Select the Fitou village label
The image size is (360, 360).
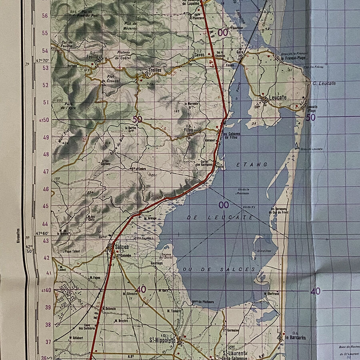188,130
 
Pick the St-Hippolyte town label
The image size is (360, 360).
163,340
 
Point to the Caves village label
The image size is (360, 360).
199,55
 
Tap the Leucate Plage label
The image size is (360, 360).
312,109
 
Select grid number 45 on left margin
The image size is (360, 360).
46,206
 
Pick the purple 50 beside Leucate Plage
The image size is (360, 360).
310,118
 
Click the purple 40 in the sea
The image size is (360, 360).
315,291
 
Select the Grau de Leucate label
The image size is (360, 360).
312,149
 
